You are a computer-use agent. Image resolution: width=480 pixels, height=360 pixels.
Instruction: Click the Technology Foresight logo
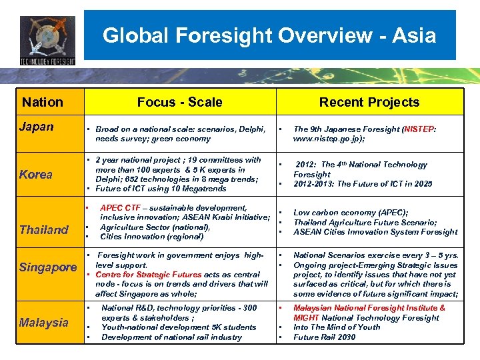click(47, 40)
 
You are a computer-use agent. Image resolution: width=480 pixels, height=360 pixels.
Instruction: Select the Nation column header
click(43, 102)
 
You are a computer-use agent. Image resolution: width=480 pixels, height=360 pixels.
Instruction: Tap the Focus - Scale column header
click(179, 102)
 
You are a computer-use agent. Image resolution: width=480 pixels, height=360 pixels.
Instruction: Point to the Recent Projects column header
click(369, 102)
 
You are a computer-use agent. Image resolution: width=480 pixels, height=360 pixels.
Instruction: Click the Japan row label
click(37, 127)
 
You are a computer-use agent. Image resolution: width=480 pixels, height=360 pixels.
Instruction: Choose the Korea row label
click(36, 175)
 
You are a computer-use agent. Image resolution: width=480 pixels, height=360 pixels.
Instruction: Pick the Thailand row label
click(44, 230)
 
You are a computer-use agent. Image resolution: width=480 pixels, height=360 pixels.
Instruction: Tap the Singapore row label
click(48, 267)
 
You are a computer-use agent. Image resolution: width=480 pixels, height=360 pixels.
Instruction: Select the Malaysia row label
click(44, 323)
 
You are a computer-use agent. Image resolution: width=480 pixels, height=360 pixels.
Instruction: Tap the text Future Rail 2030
click(325, 337)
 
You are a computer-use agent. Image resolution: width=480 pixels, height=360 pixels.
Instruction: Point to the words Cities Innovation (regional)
click(151, 237)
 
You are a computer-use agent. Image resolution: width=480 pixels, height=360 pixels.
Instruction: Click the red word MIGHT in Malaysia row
click(307, 318)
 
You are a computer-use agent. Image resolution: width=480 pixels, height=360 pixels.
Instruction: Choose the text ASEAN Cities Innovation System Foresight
click(375, 232)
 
